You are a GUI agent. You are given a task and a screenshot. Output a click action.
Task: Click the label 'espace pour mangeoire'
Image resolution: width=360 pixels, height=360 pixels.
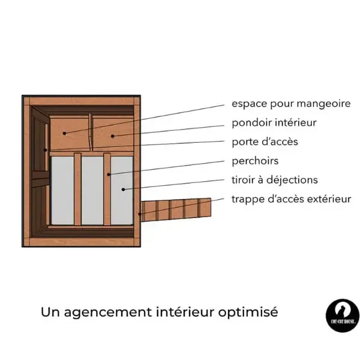pos(291,104)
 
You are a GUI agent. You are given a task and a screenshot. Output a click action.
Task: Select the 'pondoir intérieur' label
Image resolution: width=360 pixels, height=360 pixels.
pos(274,123)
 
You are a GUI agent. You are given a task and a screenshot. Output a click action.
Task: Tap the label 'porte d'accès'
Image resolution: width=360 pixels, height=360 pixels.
pos(265,142)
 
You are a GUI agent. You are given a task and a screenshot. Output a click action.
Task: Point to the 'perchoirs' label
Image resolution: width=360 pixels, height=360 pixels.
pos(255,161)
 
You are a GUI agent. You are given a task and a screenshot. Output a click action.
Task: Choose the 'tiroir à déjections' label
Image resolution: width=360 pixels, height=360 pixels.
pos(275,180)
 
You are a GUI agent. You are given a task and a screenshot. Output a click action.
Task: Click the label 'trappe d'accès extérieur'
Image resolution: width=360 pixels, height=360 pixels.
pos(292,199)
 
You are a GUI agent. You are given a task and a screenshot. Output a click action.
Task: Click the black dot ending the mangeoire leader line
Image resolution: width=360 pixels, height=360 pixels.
pos(65,133)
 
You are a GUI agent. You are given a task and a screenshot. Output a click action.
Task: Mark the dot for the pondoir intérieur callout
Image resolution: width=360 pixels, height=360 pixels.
pos(113,136)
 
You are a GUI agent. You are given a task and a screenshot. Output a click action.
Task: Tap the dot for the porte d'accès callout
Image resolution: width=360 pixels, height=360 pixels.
pos(46,150)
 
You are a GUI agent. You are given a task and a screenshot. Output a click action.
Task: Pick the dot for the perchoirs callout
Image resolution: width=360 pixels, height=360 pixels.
pos(109,175)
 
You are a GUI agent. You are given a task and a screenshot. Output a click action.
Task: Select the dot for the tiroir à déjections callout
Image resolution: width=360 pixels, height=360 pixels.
pos(123,190)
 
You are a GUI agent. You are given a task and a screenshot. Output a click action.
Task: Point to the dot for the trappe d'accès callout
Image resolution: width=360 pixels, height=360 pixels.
pos(140,214)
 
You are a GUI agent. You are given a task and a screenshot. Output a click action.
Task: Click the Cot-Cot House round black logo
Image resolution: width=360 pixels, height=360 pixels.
pos(343,316)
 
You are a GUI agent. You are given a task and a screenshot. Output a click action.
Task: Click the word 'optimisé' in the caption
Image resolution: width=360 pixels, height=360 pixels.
pos(248,312)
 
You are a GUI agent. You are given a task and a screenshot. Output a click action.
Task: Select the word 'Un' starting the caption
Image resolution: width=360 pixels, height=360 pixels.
pos(50,312)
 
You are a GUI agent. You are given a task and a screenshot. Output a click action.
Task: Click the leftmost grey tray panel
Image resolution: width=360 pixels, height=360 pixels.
pos(62,191)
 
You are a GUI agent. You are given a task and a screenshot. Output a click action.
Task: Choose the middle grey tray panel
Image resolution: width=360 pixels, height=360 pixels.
pos(92,191)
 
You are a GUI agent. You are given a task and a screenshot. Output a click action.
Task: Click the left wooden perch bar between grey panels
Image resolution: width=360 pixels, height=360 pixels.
pos(77,189)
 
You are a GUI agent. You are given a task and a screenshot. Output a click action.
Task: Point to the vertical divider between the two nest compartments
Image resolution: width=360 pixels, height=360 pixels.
pos(90,132)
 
